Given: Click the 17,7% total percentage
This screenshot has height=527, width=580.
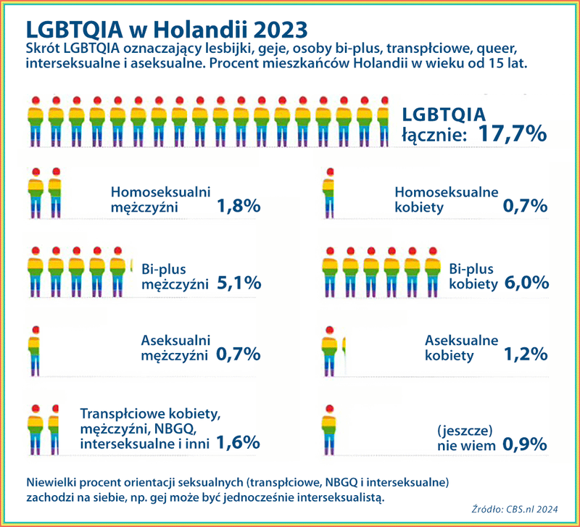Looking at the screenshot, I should tap(512, 133).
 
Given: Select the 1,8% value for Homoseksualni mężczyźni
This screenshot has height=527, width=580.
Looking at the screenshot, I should tap(238, 207).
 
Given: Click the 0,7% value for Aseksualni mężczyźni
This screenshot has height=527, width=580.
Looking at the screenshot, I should tap(238, 354).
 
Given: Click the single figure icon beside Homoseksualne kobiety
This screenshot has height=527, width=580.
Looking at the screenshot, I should tap(330, 194).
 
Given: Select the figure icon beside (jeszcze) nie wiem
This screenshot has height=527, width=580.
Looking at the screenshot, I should tap(330, 429).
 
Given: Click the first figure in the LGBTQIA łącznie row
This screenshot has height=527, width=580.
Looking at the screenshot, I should tap(35, 122).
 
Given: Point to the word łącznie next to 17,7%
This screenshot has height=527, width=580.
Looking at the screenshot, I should tap(435, 134).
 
